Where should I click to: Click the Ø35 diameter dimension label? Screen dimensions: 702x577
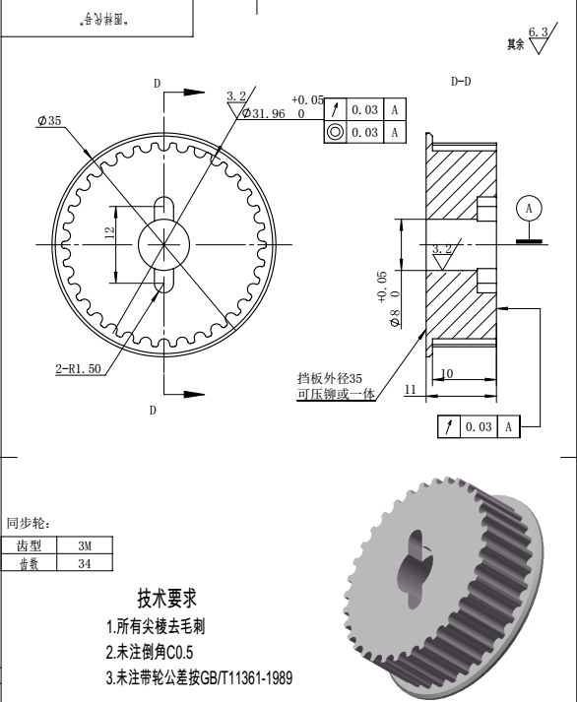pyautogui.click(x=49, y=120)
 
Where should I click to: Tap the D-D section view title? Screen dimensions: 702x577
pyautogui.click(x=461, y=82)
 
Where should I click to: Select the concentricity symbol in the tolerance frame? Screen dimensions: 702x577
pyautogui.click(x=335, y=132)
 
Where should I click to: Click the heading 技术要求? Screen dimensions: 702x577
pyautogui.click(x=167, y=598)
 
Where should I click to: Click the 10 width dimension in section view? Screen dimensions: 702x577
pyautogui.click(x=447, y=373)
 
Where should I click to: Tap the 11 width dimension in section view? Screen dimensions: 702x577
pyautogui.click(x=412, y=391)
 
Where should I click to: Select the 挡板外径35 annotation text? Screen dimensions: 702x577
pyautogui.click(x=330, y=378)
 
